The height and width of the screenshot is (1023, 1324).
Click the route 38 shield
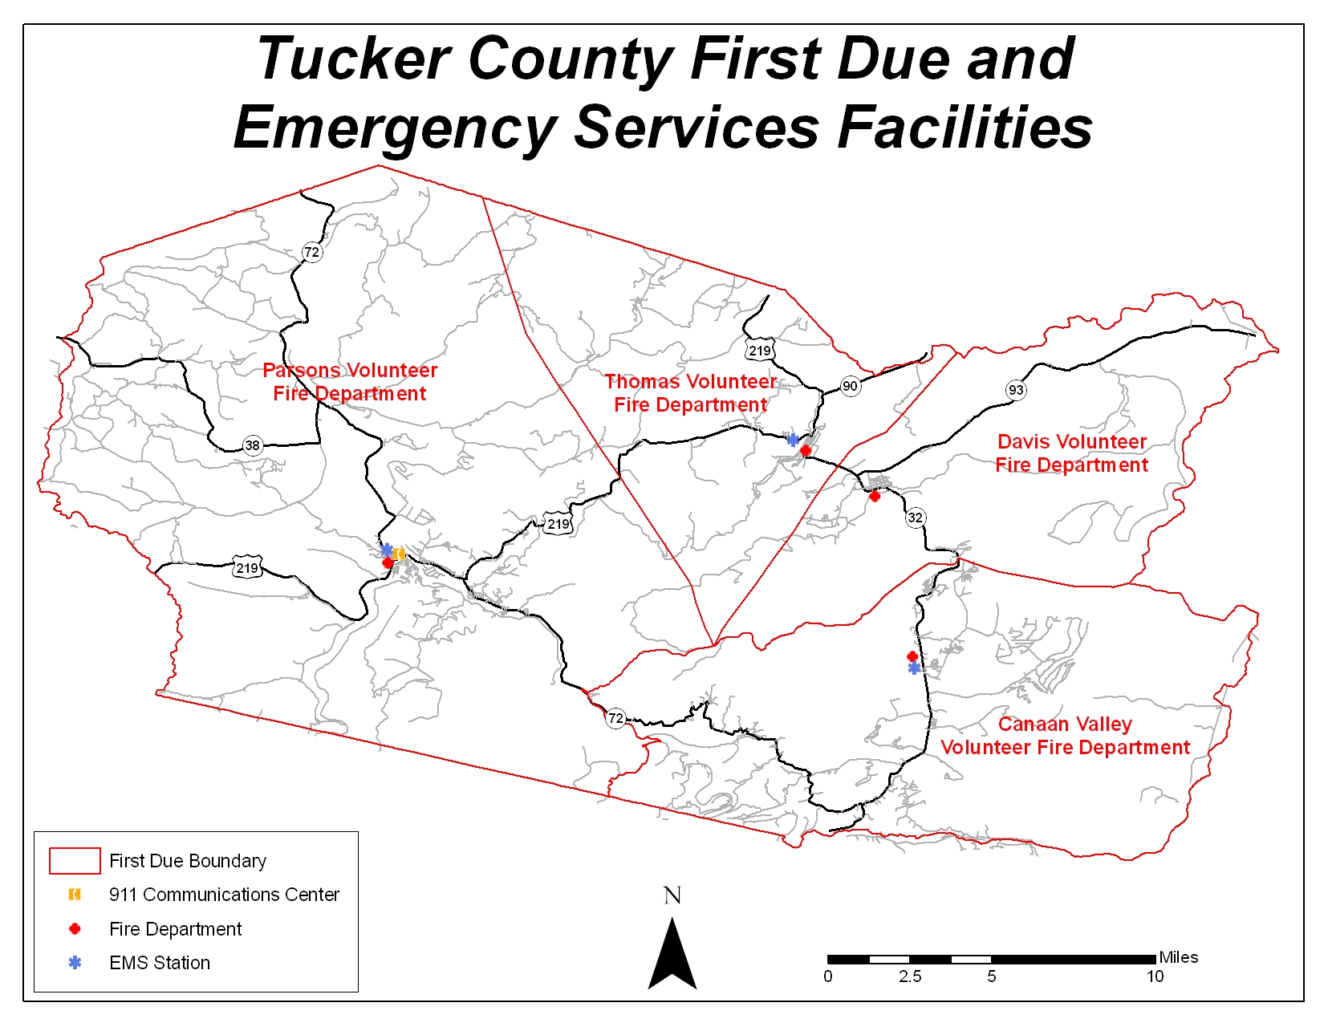pyautogui.click(x=253, y=445)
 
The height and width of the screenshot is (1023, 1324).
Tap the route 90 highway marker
pyautogui.click(x=850, y=386)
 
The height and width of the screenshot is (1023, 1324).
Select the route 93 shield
pyautogui.click(x=1016, y=390)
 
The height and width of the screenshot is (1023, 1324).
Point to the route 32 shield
pyautogui.click(x=915, y=518)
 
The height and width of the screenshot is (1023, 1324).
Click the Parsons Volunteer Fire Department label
pyautogui.click(x=350, y=382)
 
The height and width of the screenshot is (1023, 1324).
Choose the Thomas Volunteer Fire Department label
pyautogui.click(x=690, y=393)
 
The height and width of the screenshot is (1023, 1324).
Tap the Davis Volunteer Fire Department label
pyautogui.click(x=1071, y=453)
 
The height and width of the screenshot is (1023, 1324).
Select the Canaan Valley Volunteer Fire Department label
pyautogui.click(x=1065, y=736)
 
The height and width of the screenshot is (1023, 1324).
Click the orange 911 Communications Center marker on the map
pyautogui.click(x=400, y=554)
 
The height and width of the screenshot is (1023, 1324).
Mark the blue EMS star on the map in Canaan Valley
pyautogui.click(x=914, y=668)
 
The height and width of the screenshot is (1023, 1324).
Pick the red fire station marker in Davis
pyautogui.click(x=875, y=496)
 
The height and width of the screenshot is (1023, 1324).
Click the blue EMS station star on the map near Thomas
pyautogui.click(x=793, y=440)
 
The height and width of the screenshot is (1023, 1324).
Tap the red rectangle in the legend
pyautogui.click(x=75, y=860)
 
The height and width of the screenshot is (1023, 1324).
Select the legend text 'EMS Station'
pyautogui.click(x=160, y=963)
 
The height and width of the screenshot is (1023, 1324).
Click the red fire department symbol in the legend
pyautogui.click(x=75, y=928)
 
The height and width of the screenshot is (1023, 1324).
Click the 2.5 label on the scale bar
pyautogui.click(x=910, y=976)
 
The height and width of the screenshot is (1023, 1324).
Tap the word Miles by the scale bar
pyautogui.click(x=1178, y=957)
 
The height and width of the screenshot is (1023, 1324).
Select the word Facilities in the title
pyautogui.click(x=965, y=128)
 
